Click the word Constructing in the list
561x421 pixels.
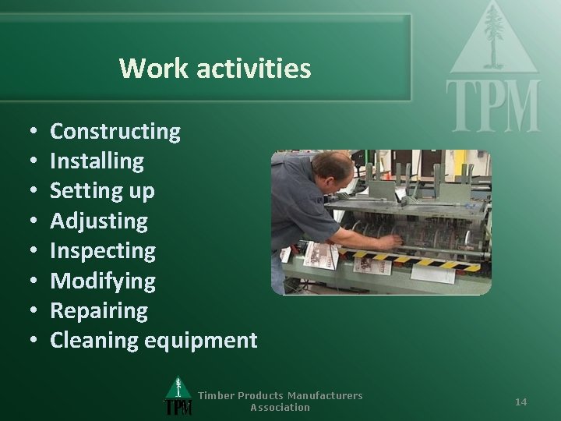(115, 132)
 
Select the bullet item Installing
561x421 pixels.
(97, 161)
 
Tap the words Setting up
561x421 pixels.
(102, 191)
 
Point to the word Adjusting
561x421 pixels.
(98, 221)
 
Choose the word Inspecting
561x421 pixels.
(102, 251)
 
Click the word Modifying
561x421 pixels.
(102, 281)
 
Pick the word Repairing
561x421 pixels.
(98, 311)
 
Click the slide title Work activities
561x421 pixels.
(215, 69)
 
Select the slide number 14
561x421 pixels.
(520, 402)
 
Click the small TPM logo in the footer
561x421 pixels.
(178, 398)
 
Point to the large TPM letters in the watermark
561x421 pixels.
(492, 106)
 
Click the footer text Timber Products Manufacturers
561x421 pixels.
(280, 395)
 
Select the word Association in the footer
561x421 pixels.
(280, 407)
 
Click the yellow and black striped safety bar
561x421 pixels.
(436, 263)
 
